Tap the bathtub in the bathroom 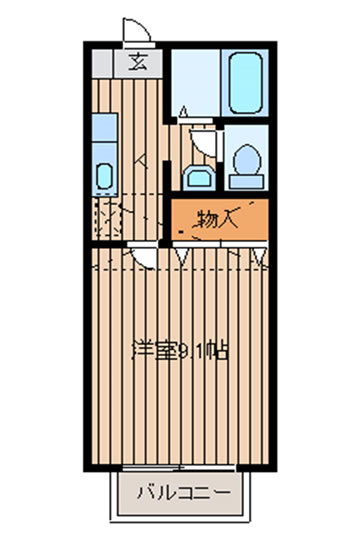pos(246,83)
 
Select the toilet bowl pos(247,160)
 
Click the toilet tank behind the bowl pos(247,181)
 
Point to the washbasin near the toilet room pos(199,178)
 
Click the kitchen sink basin pos(104,176)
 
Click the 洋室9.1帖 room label pos(180,351)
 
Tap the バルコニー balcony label pos(184,493)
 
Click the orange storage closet pos(220,219)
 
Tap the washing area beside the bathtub pos(196,83)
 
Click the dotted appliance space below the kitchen pos(107,218)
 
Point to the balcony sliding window pos(179,468)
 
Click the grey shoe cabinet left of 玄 pos(102,63)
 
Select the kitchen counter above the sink pos(105,127)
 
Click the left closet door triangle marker pos(182,256)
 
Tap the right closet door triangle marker pos(259,256)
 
